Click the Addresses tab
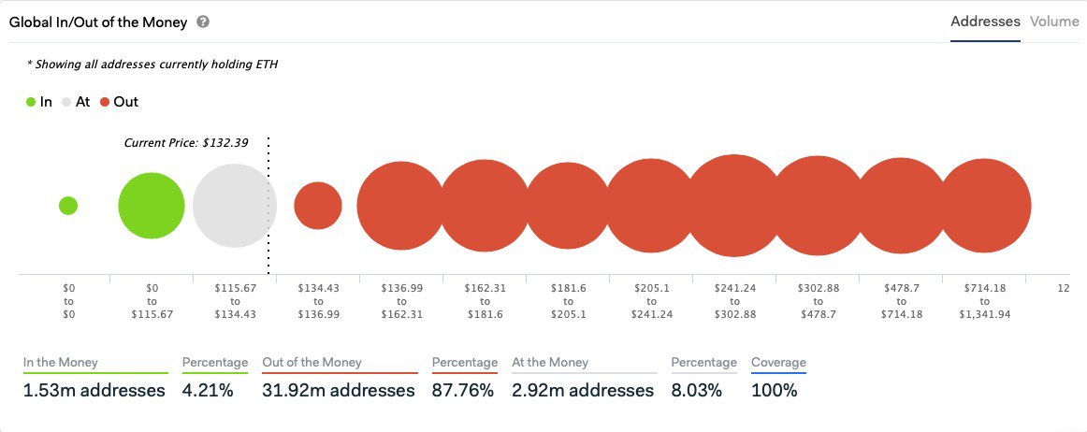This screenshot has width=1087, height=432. click(985, 22)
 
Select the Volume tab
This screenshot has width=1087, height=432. click(1054, 22)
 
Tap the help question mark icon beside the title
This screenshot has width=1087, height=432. click(203, 22)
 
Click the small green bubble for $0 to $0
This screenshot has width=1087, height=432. click(68, 206)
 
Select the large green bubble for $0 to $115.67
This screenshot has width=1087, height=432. click(152, 206)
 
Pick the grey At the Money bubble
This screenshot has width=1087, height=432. click(234, 206)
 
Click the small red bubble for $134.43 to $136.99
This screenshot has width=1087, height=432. click(318, 206)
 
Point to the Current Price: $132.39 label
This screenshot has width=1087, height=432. click(187, 143)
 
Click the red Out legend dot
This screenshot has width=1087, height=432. click(106, 102)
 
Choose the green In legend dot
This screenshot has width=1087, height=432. click(31, 102)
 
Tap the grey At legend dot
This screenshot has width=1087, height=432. click(67, 102)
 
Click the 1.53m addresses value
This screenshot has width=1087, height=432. click(94, 390)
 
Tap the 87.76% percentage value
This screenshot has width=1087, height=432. click(462, 390)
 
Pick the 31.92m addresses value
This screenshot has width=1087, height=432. click(340, 390)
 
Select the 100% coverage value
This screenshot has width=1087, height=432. click(774, 390)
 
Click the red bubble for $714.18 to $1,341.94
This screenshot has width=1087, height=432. click(985, 206)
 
